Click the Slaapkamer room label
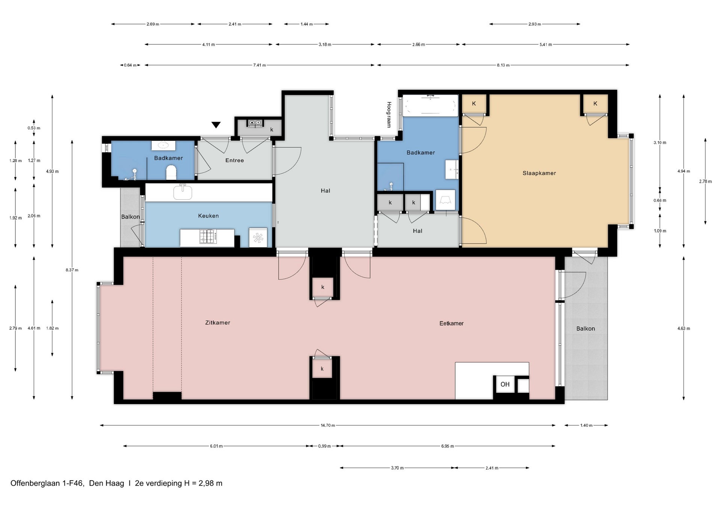pyautogui.click(x=539, y=173)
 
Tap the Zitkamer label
pyautogui.click(x=217, y=323)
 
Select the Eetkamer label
pyautogui.click(x=451, y=323)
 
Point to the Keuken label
pyautogui.click(x=208, y=216)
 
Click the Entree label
pyautogui.click(x=234, y=160)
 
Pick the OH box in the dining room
pyautogui.click(x=505, y=384)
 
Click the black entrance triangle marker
pyautogui.click(x=216, y=125)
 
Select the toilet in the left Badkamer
pyautogui.click(x=171, y=173)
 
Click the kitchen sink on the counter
pyautogui.click(x=183, y=192)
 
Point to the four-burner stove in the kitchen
pyautogui.click(x=208, y=237)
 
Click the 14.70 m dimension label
pyautogui.click(x=327, y=426)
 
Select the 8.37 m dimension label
pyautogui.click(x=72, y=270)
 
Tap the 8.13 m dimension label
pyautogui.click(x=503, y=65)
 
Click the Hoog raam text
pyautogui.click(x=389, y=115)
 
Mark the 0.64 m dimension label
pyautogui.click(x=130, y=65)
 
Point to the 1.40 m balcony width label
pyautogui.click(x=586, y=426)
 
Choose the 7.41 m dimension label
pyautogui.click(x=259, y=65)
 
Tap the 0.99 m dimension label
pyautogui.click(x=324, y=446)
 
